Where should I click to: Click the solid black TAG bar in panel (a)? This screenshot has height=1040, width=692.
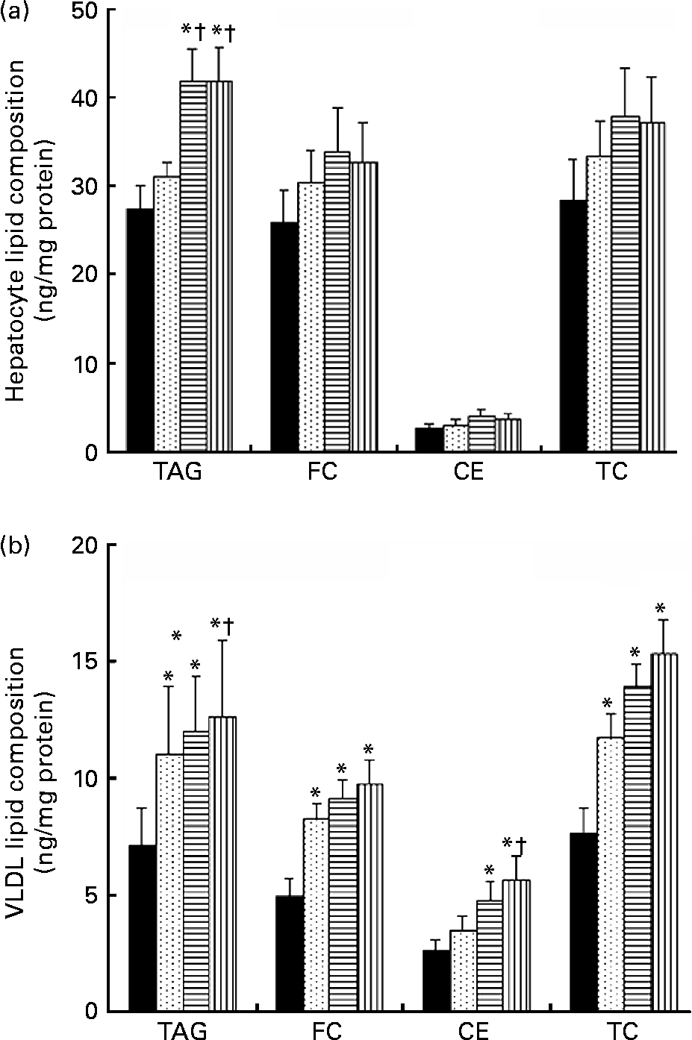pyautogui.click(x=140, y=330)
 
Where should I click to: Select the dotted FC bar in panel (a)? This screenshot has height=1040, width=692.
pyautogui.click(x=311, y=316)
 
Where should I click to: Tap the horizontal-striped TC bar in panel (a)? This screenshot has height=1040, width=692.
pyautogui.click(x=625, y=284)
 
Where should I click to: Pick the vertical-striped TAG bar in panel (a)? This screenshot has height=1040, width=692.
pyautogui.click(x=219, y=266)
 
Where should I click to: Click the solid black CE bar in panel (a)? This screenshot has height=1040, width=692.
pyautogui.click(x=428, y=439)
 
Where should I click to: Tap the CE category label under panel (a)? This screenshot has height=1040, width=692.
pyautogui.click(x=469, y=472)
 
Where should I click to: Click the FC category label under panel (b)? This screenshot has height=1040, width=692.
pyautogui.click(x=327, y=1030)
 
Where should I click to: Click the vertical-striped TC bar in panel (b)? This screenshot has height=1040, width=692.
pyautogui.click(x=664, y=832)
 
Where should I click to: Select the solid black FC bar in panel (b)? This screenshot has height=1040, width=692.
pyautogui.click(x=290, y=953)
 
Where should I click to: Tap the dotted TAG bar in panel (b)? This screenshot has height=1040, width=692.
pyautogui.click(x=169, y=882)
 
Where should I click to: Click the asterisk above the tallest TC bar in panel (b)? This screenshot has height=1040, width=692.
pyautogui.click(x=661, y=608)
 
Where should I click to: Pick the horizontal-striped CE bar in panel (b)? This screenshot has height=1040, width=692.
pyautogui.click(x=490, y=956)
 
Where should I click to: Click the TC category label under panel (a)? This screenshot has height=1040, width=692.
pyautogui.click(x=613, y=472)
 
